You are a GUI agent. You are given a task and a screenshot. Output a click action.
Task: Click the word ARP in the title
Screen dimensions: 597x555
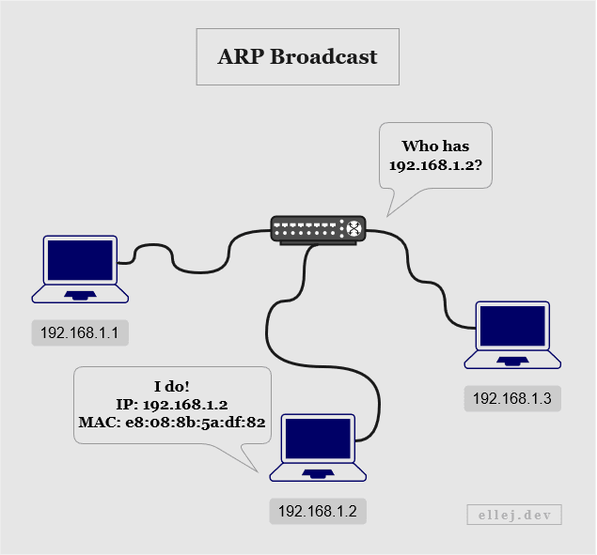coord(241,57)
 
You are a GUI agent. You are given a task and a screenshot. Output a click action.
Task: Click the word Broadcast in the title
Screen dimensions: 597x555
coord(323,57)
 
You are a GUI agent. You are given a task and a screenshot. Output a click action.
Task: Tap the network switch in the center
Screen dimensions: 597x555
coord(319,230)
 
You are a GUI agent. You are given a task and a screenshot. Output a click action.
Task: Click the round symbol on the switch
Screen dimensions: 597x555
coord(353,228)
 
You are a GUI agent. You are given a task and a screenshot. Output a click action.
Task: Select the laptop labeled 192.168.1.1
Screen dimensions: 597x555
coord(80,269)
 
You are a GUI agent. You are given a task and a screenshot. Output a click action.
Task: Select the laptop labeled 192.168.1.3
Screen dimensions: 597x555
coord(512,335)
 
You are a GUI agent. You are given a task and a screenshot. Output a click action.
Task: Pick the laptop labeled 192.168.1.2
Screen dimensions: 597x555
coord(318,448)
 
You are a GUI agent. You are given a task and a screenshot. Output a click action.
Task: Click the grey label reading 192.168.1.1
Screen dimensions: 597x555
coord(80,332)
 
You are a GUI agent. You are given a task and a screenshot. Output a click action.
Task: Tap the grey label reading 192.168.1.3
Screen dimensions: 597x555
coord(512,399)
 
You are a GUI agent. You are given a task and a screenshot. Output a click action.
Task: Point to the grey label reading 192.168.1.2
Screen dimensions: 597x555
coord(318,511)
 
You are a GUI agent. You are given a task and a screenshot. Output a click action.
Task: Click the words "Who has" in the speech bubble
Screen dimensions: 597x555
coord(435,146)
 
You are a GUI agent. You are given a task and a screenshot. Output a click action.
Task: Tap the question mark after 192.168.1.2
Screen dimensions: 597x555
coord(479,164)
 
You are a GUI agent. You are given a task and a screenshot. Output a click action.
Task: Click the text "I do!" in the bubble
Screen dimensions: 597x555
coord(172,387)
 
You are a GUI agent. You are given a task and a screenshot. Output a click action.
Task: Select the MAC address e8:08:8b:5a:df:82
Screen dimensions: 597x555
coord(196,423)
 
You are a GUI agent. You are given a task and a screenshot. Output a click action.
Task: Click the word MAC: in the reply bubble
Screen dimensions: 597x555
coord(101,423)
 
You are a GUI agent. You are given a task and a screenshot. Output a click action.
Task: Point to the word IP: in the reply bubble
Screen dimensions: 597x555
coord(127,405)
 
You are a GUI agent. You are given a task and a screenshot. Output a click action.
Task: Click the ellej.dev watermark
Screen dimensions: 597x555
coord(514,515)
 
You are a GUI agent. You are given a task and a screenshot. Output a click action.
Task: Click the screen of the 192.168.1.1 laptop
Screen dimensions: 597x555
coord(80,260)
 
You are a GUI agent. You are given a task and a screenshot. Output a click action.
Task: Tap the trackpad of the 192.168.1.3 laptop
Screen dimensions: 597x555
coord(512,361)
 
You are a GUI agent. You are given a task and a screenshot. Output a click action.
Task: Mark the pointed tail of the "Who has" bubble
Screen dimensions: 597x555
coord(387,216)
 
